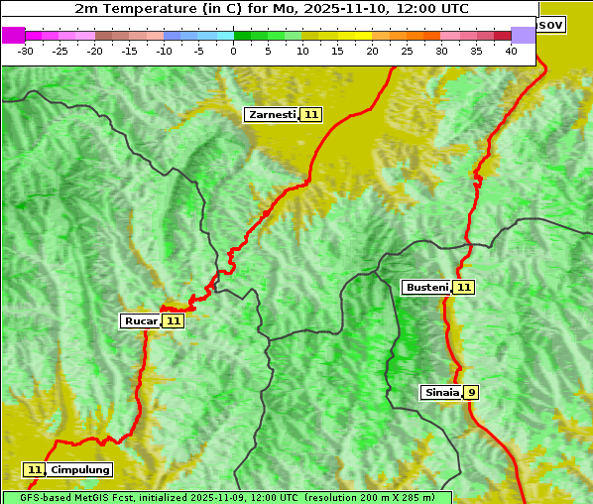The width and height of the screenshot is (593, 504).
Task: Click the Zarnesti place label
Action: tap(271, 115)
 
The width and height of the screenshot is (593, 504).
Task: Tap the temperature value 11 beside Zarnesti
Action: tap(311, 115)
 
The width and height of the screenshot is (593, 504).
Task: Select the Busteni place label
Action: tap(426, 288)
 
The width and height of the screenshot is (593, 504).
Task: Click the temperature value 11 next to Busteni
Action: tap(464, 288)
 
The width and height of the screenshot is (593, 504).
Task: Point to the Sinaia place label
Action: tap(441, 393)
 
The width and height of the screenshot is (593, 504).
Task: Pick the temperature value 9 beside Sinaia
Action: tap(472, 393)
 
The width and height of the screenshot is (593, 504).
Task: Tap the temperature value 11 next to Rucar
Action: tap(174, 321)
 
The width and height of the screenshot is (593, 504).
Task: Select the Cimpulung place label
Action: tap(80, 470)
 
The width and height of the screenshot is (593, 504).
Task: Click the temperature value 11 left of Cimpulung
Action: tap(35, 470)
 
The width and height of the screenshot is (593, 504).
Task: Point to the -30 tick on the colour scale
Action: tap(26, 51)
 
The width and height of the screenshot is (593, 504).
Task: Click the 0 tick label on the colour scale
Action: tap(234, 51)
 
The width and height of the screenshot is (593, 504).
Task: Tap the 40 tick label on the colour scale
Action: tap(511, 51)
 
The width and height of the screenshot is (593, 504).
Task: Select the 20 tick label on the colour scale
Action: tap(372, 51)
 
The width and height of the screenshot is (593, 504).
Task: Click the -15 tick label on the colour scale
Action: tap(129, 51)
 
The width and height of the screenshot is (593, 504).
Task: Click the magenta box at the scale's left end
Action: tap(13, 35)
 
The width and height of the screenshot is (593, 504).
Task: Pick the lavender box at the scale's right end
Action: tap(523, 35)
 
